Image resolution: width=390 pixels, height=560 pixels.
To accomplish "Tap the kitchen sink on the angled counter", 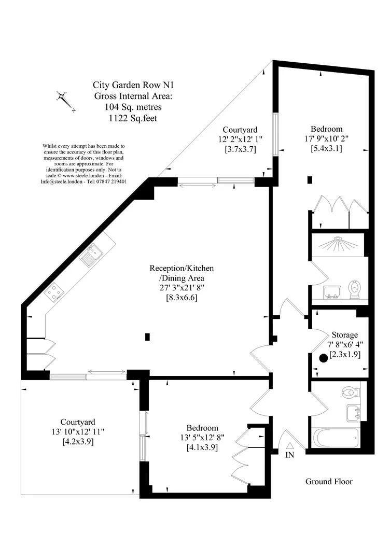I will coord(89,256).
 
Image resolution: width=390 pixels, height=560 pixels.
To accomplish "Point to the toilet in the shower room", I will coord(355,289).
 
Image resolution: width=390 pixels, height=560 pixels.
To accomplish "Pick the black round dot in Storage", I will coord(324,357).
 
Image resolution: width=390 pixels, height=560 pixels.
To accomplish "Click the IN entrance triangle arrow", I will coord(290,444).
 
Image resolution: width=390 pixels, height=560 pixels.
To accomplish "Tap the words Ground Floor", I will coord(328,482).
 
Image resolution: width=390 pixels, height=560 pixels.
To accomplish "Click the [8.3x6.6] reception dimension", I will coord(182,298).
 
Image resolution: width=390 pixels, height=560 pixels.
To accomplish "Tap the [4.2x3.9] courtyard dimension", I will coord(77,442).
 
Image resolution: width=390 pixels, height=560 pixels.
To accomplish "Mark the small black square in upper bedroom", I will coord(310,180).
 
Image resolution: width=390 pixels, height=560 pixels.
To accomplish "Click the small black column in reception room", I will coord(148,337).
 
